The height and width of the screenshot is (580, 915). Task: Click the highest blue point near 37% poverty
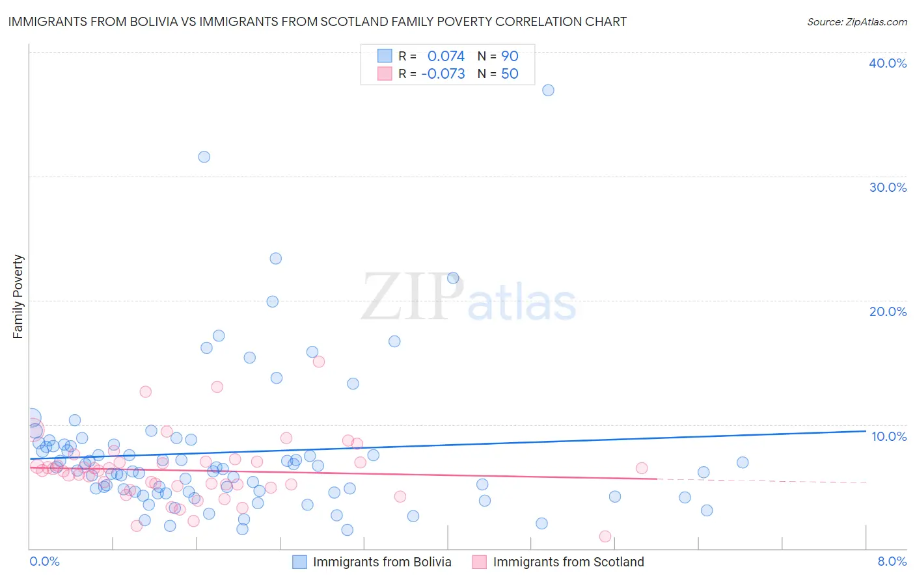point(548,90)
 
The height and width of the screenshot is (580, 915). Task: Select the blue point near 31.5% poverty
point(204,157)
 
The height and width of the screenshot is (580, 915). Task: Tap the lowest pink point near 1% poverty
point(605,536)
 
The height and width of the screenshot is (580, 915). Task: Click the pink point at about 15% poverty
point(319,362)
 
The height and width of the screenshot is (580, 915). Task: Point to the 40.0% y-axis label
point(888,63)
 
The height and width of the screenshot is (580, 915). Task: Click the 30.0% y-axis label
point(888,187)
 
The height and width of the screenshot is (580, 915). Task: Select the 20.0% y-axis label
point(888,311)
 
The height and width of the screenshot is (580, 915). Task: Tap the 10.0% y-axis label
point(889,436)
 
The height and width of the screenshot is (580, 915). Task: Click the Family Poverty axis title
point(18,297)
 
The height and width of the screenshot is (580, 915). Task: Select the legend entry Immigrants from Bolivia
point(381,562)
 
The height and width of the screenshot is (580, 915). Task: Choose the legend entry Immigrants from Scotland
point(568,562)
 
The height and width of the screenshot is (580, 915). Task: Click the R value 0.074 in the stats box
point(446,57)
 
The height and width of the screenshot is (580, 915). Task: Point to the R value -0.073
point(443,74)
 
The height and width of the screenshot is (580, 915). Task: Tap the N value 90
point(510,57)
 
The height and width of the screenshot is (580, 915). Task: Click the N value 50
point(510,74)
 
